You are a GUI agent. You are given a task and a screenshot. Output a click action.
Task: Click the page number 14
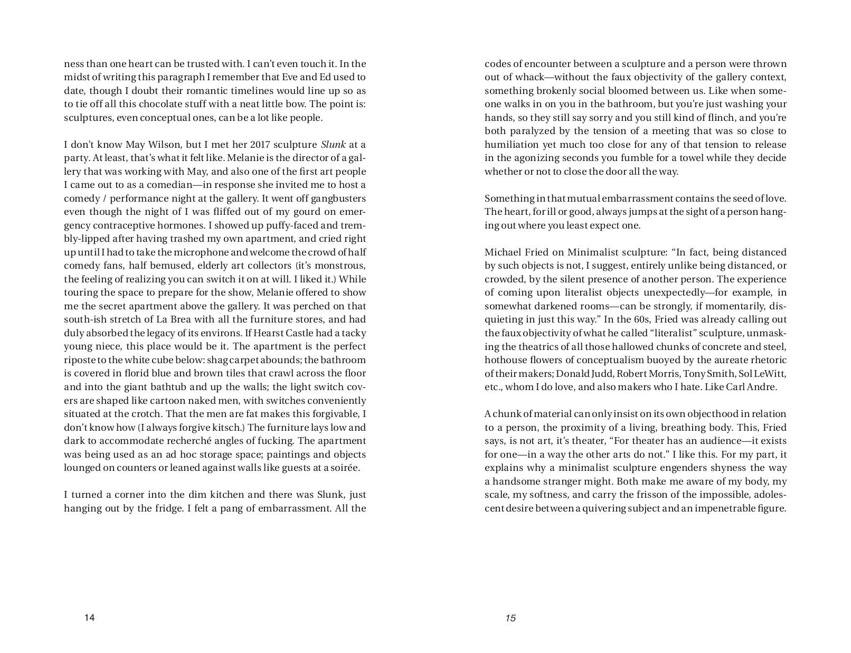click(89, 618)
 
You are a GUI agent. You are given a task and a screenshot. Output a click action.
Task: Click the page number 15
click(510, 618)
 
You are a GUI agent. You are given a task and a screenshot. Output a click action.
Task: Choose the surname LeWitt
click(769, 374)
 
